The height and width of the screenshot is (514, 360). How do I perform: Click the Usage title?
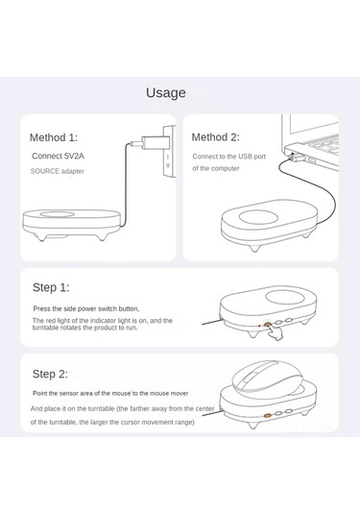[166, 93]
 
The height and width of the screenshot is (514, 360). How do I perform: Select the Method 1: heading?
[54, 137]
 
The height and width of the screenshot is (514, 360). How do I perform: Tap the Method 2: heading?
[216, 137]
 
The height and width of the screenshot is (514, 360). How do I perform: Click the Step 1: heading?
[51, 287]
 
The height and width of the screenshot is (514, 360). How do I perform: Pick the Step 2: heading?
[51, 374]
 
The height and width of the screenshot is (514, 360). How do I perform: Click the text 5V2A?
[74, 156]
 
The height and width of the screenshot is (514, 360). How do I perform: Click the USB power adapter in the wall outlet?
[155, 142]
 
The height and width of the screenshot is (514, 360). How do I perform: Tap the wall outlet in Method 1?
[170, 152]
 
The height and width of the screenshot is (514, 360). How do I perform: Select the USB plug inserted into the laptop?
[297, 159]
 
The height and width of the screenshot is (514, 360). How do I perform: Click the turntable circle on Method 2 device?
[258, 216]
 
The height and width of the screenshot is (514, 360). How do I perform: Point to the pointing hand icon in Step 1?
[275, 332]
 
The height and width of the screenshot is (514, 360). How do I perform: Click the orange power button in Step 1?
[268, 325]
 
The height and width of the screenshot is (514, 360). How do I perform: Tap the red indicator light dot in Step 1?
[259, 326]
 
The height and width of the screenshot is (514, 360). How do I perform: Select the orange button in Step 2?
[268, 415]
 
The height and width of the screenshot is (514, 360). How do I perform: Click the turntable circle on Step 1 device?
[285, 297]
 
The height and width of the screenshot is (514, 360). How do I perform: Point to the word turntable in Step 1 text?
[45, 328]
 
